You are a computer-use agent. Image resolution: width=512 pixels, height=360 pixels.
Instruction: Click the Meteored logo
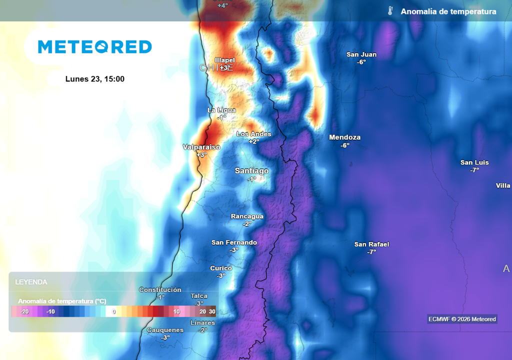click(95, 47)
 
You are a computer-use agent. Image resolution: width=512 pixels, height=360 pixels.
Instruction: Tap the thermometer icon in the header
click(390, 11)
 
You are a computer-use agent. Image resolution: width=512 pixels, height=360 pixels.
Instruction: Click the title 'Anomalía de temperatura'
click(448, 11)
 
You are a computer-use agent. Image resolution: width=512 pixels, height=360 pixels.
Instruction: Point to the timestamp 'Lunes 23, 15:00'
click(95, 79)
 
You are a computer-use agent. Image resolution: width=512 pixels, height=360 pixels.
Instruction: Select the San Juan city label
click(361, 54)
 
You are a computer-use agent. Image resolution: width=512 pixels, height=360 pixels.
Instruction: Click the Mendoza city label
click(344, 137)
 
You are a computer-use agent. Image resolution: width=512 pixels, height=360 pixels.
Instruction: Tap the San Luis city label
click(474, 162)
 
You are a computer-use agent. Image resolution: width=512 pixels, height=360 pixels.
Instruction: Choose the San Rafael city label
click(371, 244)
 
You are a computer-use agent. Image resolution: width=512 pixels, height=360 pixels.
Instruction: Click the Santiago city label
click(251, 171)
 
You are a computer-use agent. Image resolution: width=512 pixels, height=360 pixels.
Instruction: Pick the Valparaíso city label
click(201, 147)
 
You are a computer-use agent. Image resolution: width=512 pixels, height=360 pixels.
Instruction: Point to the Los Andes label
click(254, 134)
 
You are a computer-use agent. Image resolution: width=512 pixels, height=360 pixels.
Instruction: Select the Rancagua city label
click(247, 216)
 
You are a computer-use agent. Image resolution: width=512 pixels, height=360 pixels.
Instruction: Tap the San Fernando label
click(234, 242)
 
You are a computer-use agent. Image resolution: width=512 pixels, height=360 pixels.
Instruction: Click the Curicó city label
click(221, 268)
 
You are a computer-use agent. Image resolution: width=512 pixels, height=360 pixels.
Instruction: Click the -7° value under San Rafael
click(371, 252)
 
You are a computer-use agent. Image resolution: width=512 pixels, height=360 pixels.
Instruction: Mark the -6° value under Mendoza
click(345, 145)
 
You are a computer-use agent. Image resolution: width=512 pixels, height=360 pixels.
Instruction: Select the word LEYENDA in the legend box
click(31, 282)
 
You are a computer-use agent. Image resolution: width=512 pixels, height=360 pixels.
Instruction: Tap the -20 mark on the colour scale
click(24, 311)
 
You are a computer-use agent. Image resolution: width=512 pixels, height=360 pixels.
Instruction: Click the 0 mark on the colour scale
click(114, 311)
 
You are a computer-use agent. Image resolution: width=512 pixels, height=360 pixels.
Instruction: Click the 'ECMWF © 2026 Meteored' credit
click(462, 319)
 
